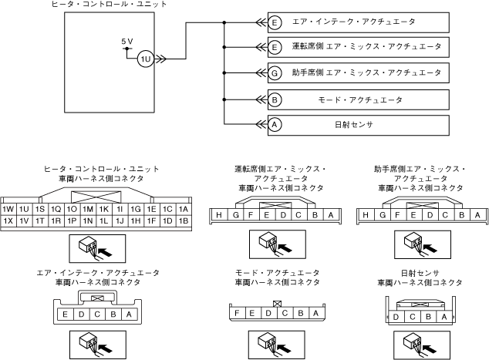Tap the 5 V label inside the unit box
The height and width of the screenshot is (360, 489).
click(127, 41)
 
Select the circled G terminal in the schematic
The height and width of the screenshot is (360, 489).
click(275, 73)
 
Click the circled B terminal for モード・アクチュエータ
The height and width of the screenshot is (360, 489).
click(275, 99)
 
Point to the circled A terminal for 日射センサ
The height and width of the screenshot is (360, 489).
click(275, 125)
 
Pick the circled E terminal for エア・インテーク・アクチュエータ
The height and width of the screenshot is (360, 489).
click(275, 22)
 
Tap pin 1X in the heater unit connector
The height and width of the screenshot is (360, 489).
click(8, 221)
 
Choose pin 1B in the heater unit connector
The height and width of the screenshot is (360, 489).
click(183, 221)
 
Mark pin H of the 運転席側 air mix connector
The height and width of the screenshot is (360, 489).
click(219, 215)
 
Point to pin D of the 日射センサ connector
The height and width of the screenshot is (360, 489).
click(396, 317)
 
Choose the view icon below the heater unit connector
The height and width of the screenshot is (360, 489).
click(95, 247)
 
